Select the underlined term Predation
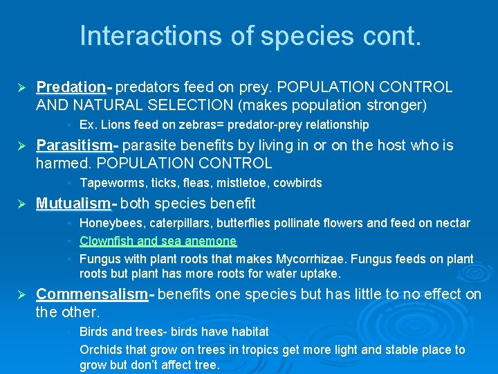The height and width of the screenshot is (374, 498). click(70, 87)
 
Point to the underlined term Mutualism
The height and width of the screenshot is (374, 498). click(73, 203)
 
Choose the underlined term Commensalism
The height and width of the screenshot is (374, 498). click(92, 294)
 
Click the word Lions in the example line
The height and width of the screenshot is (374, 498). click(112, 125)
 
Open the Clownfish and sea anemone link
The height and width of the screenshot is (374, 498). click(158, 241)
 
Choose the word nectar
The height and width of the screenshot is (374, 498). click(452, 223)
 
